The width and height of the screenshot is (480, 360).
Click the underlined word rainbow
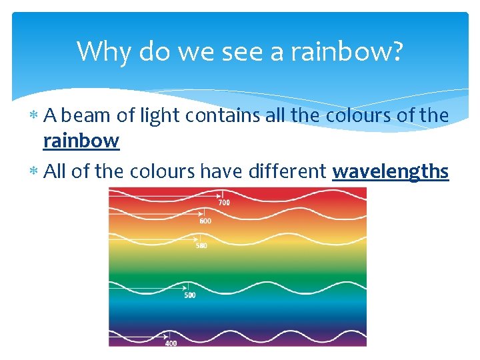coord(81,141)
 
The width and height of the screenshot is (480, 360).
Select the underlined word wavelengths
coord(391,172)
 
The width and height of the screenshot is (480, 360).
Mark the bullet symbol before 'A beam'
coord(34,117)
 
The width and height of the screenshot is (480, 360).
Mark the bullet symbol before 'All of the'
coord(34,173)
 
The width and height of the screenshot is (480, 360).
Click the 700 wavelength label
coord(224,202)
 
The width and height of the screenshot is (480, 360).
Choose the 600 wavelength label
coord(205,221)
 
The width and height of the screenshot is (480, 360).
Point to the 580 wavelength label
coord(201,245)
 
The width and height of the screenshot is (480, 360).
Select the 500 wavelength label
coord(190,295)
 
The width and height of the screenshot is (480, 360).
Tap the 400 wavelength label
coord(171,343)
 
